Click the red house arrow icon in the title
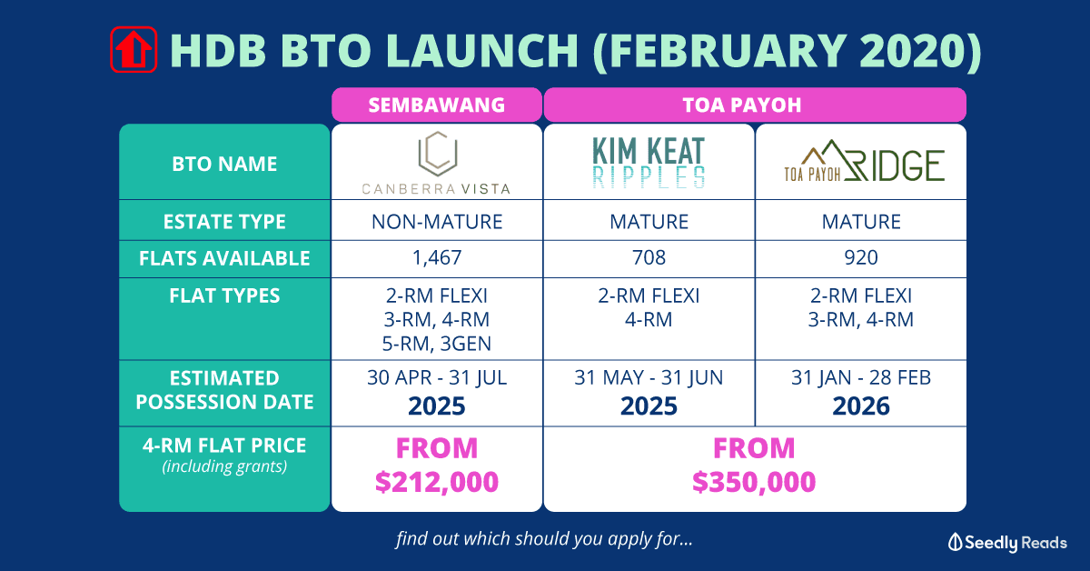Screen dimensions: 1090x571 click(134, 49)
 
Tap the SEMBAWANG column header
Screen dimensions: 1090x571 click(437, 105)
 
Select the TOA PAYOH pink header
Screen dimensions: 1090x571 click(755, 105)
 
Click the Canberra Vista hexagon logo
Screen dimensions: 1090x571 click(438, 153)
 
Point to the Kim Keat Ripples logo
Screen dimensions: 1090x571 click(649, 163)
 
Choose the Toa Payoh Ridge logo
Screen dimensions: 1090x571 click(864, 161)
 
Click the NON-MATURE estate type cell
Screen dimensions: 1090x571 click(437, 222)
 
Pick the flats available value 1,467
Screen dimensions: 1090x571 click(437, 257)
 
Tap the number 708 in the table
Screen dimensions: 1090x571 click(649, 257)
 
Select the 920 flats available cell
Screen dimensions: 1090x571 click(861, 257)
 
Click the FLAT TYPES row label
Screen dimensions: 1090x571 click(224, 296)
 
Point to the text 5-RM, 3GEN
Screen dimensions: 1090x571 click(437, 344)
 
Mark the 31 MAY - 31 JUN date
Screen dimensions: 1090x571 click(649, 377)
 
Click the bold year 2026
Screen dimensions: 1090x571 click(861, 406)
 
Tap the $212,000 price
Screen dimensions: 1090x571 click(437, 482)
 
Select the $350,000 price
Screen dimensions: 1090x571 click(754, 482)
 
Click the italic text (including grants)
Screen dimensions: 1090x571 click(224, 466)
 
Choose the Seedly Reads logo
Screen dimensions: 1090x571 click(1007, 543)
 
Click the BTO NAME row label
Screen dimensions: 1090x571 click(224, 164)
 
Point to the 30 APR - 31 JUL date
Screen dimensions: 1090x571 click(437, 377)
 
